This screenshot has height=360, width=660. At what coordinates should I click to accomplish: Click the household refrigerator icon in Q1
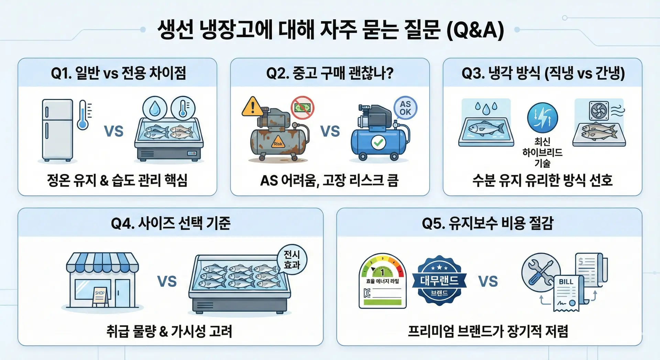point(57,130)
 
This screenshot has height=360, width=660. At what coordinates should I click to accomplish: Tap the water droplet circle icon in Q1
point(155,108)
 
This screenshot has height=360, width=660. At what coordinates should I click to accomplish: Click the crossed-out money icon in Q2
point(302,108)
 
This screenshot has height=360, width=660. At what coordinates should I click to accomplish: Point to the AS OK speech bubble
point(405,108)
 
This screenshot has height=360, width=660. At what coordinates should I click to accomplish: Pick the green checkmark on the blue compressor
point(378,142)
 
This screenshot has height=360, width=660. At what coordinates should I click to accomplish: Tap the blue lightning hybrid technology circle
point(542,118)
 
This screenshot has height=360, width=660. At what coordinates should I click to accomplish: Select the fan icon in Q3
point(599,110)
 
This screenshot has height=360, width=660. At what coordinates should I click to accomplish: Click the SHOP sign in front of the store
point(100,296)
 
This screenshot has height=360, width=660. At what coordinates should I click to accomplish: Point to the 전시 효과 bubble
point(292,260)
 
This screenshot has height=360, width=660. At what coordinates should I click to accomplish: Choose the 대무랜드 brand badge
point(439,280)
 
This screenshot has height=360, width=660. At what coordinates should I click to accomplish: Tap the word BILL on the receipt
point(566,282)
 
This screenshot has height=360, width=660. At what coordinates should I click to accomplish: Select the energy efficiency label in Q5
point(383,281)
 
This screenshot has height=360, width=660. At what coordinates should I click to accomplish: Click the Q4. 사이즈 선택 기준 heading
point(170,223)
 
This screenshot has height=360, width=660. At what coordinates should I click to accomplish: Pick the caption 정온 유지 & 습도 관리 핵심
point(117,180)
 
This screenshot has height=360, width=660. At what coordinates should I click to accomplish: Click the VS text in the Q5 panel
point(488,281)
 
